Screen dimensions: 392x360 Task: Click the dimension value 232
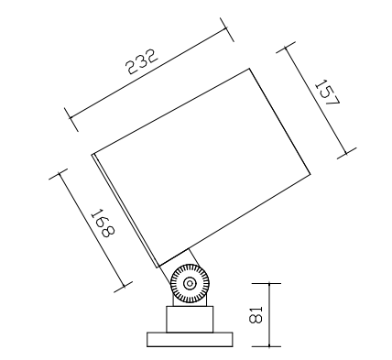(143, 61)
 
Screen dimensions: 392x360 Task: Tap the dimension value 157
(327, 93)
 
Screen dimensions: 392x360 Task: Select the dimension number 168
(103, 224)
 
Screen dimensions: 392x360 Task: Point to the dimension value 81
(256, 314)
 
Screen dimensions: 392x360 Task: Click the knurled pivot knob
(190, 284)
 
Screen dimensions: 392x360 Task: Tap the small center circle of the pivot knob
(190, 284)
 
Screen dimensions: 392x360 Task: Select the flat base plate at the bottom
(190, 340)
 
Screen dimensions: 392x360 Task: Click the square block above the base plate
(190, 319)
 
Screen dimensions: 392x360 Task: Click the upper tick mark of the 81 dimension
(267, 284)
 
